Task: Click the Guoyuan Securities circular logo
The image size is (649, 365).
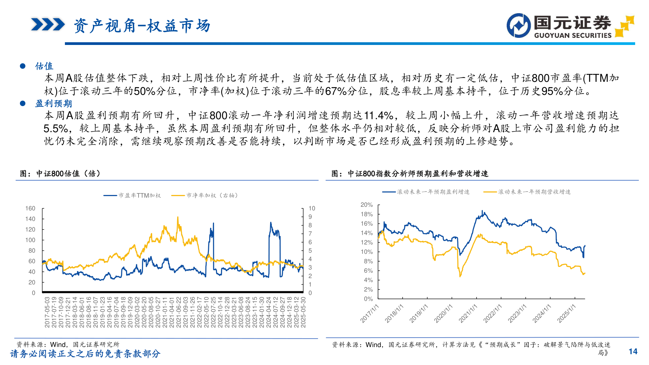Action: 519,25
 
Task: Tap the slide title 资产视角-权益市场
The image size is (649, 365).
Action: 142,26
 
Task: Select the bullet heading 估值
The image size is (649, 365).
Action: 44,66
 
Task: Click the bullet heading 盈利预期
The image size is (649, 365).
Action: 53,103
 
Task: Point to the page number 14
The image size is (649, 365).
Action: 633,351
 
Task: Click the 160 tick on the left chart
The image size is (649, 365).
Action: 30,209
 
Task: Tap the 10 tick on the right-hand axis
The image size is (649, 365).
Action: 312,209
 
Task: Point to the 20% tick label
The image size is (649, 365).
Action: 366,205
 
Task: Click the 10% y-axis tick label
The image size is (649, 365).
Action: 366,252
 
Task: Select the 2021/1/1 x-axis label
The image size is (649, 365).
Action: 468,313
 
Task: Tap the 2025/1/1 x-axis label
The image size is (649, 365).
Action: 567,313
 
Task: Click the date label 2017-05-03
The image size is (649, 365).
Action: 47,312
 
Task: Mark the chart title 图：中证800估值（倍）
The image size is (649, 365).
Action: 60,174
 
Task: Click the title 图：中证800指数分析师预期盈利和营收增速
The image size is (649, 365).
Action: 410,174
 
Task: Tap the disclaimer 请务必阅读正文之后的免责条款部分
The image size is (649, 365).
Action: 85,354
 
